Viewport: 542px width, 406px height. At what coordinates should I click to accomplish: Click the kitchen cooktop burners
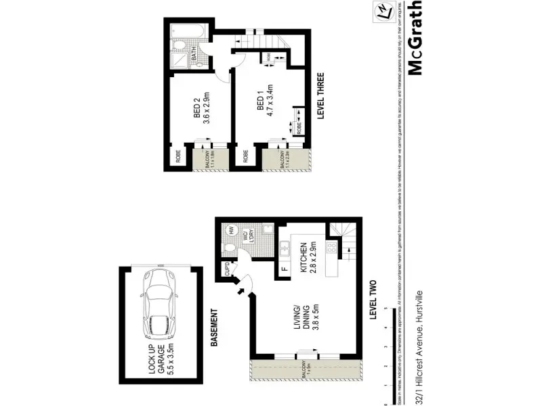[x=332, y=248]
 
